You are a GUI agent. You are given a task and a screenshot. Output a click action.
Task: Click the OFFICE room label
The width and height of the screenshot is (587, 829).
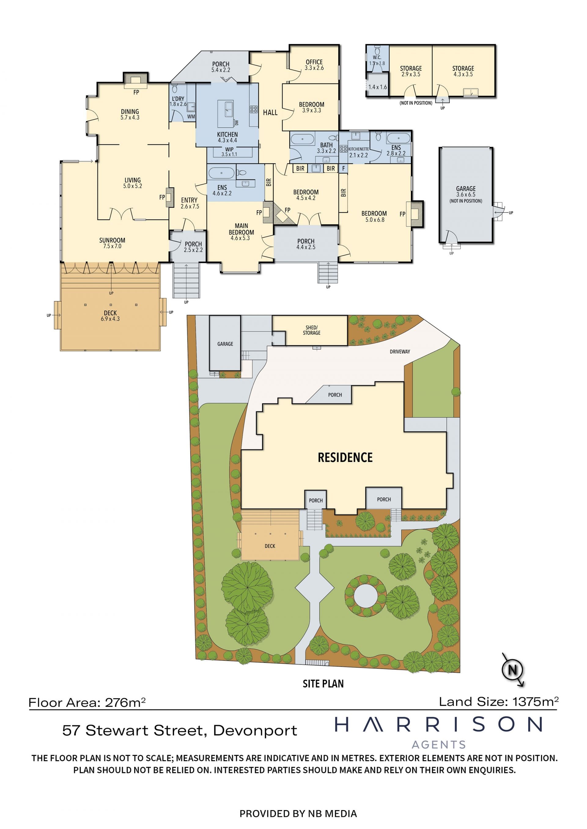[314, 62]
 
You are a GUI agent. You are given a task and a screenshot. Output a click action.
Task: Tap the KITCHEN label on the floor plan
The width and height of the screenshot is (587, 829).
[227, 134]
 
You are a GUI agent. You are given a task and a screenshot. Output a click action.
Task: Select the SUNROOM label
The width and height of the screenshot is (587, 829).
[112, 240]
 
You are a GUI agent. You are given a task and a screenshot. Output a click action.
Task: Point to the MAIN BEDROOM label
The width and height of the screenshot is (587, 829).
[241, 229]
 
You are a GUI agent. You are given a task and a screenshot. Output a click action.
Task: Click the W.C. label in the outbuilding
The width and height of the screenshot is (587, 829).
[377, 57]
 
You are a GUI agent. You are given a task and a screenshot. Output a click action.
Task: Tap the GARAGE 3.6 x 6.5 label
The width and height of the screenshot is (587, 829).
[466, 191]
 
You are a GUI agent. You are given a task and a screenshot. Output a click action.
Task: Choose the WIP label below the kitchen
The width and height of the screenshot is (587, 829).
[229, 149]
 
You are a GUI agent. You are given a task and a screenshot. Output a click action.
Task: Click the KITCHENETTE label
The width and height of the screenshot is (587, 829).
[359, 149]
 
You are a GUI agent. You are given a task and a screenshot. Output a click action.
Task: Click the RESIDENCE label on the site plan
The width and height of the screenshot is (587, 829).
[345, 457]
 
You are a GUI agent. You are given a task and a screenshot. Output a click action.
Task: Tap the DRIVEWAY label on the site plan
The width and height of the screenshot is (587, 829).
[400, 351]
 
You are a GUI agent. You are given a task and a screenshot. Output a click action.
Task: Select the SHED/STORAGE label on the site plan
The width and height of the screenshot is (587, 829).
[312, 330]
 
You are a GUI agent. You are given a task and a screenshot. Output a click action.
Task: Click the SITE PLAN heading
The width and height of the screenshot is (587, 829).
[323, 683]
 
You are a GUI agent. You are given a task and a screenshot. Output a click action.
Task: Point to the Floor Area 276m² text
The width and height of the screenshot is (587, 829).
[87, 702]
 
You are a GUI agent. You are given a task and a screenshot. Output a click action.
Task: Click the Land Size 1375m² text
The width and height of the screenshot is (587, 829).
[499, 702]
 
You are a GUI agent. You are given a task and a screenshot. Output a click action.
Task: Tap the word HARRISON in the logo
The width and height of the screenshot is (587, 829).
[438, 724]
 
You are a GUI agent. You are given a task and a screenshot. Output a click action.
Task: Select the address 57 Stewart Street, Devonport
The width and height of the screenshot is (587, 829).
[180, 730]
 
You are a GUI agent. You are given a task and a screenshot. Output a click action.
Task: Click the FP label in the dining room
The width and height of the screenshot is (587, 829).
[136, 93]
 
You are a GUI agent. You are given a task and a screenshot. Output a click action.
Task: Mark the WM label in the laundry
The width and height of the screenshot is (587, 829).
[191, 117]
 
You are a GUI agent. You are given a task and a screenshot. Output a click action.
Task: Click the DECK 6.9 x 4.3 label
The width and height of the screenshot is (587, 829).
[110, 315]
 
